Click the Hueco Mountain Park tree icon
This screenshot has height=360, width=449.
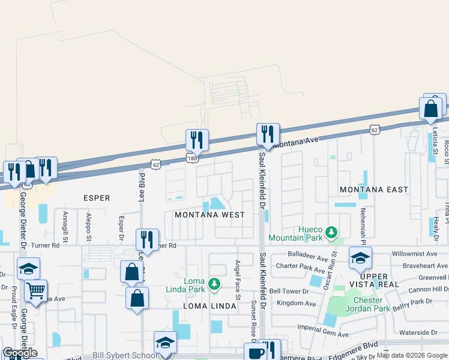[x=330, y=232]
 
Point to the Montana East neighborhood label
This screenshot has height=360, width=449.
[x=374, y=190]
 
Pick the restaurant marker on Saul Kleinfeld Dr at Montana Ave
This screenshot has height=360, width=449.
[x=268, y=135]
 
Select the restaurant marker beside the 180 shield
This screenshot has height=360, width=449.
[x=197, y=140]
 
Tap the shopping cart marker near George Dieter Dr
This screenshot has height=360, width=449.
[x=35, y=292]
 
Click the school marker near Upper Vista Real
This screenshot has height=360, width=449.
[x=360, y=258]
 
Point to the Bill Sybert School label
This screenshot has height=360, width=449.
[x=124, y=356]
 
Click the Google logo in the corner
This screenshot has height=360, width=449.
[x=20, y=352]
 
